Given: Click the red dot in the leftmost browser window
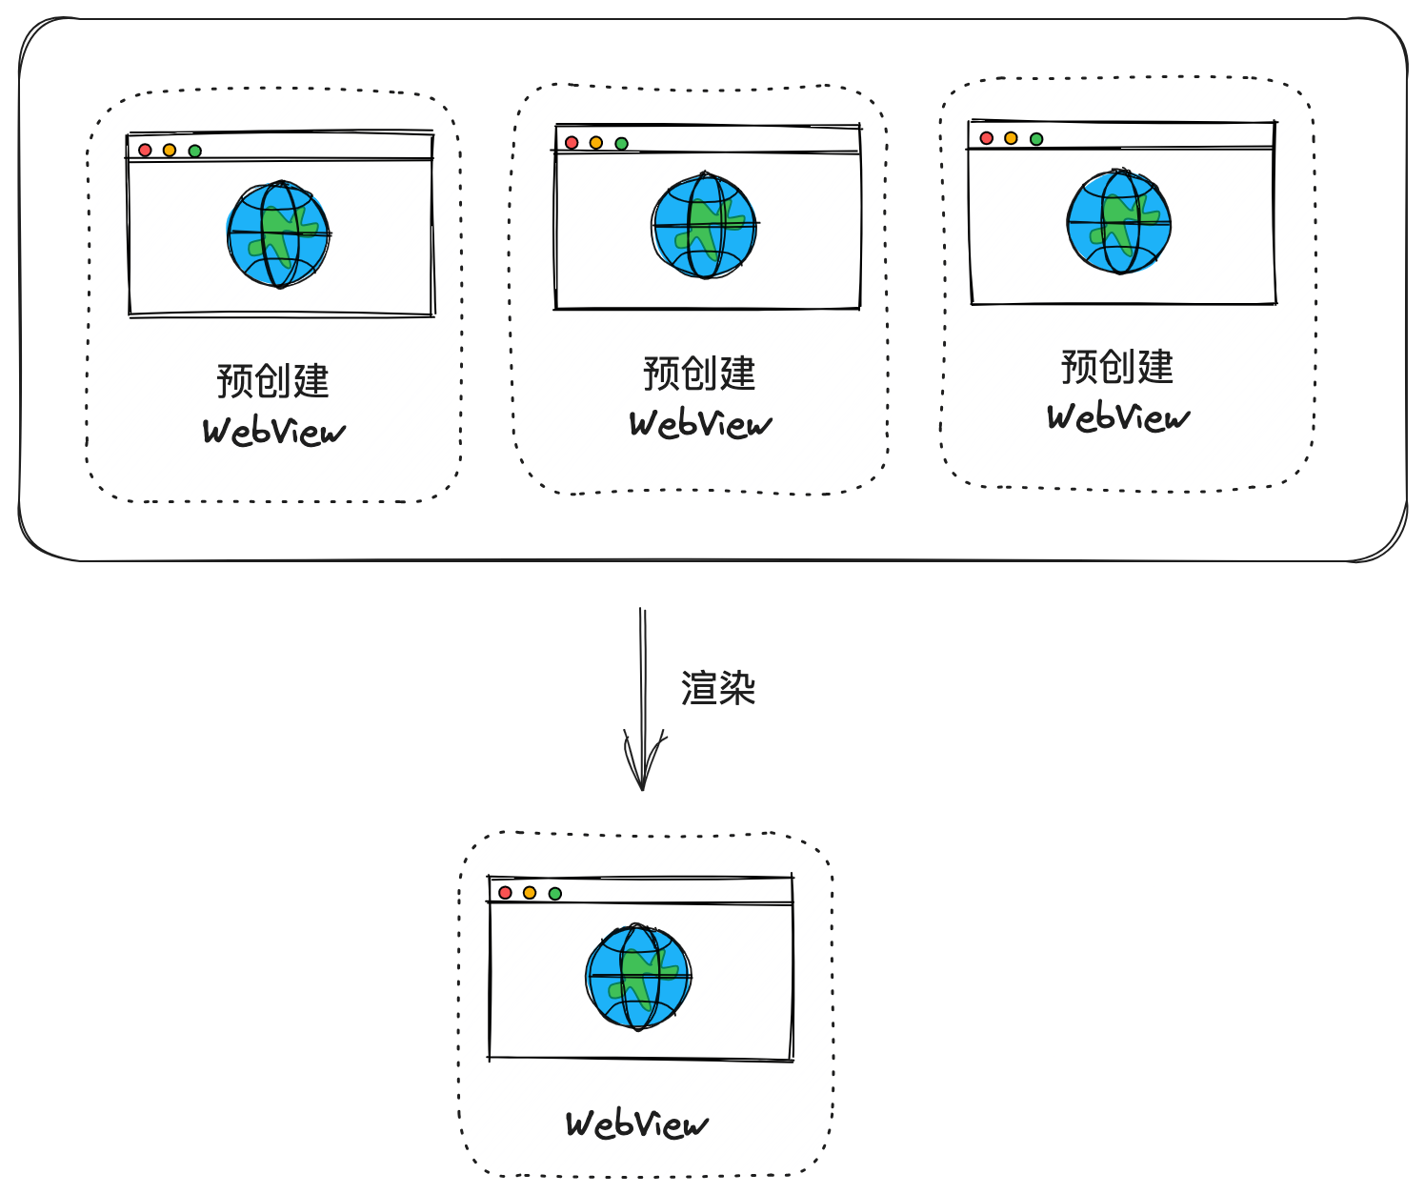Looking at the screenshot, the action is pos(145,151).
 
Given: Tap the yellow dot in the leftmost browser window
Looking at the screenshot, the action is pos(170,151).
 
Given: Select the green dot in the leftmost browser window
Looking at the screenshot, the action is pos(195,151).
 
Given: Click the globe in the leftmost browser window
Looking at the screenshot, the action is pos(278,234).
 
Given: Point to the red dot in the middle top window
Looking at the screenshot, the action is pos(572,143).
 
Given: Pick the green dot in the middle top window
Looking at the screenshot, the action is pos(621,143).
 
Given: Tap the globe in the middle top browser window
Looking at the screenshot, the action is pos(704,225).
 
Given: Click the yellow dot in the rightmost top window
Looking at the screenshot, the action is pos(1011,138).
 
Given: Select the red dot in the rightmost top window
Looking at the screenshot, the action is pos(986,138).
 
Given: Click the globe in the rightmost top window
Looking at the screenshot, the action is pos(1119,220).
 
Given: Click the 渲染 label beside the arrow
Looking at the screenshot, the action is pos(718,687).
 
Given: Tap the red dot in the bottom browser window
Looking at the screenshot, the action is pos(505,893).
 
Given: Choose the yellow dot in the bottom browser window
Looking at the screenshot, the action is pos(530,893).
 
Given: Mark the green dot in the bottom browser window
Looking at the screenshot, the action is pos(554,894).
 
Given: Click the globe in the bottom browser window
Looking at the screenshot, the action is pos(638,977).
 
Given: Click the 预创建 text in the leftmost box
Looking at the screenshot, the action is pos(273,381).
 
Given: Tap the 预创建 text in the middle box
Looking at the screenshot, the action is pos(699,374).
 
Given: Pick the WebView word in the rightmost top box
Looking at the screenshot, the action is pos(1118,416).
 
